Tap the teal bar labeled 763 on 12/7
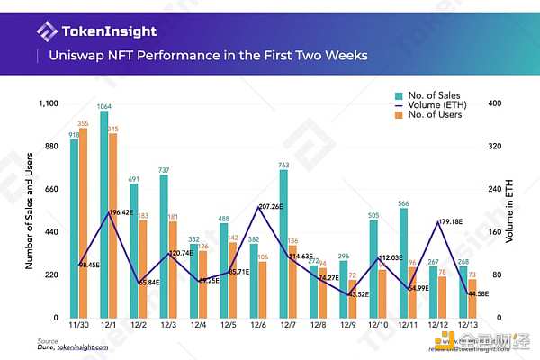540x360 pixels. pos(283,244)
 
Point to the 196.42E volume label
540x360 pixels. pos(121,212)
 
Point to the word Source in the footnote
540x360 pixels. pos(48,340)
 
